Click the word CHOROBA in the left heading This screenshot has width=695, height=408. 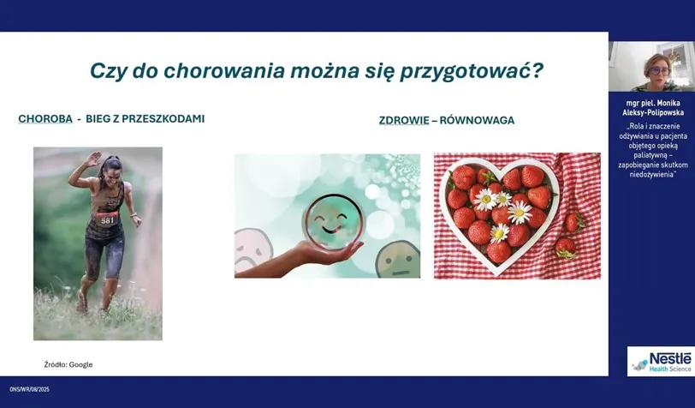coord(45,118)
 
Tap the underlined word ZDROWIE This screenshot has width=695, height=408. coord(404,120)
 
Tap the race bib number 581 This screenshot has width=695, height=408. coord(108,219)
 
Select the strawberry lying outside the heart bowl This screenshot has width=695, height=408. coord(566,248)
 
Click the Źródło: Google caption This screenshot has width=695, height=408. coord(68,364)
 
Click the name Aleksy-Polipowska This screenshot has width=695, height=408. coord(651,112)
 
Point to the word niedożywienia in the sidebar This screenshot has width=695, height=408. coord(651,174)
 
